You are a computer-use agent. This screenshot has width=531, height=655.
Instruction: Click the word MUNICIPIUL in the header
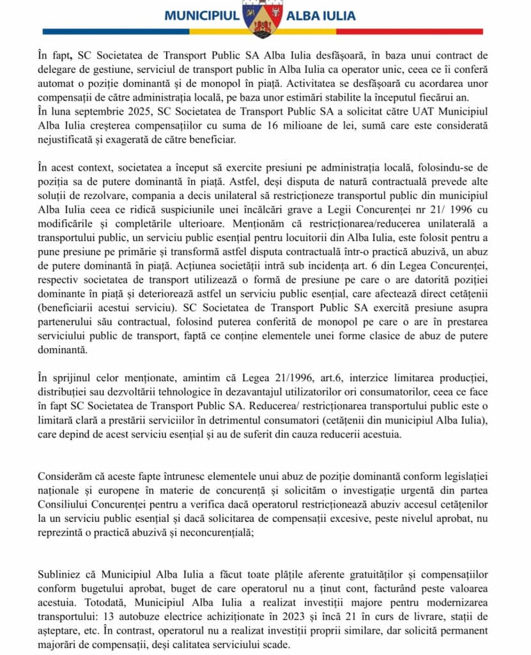point(201,15)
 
